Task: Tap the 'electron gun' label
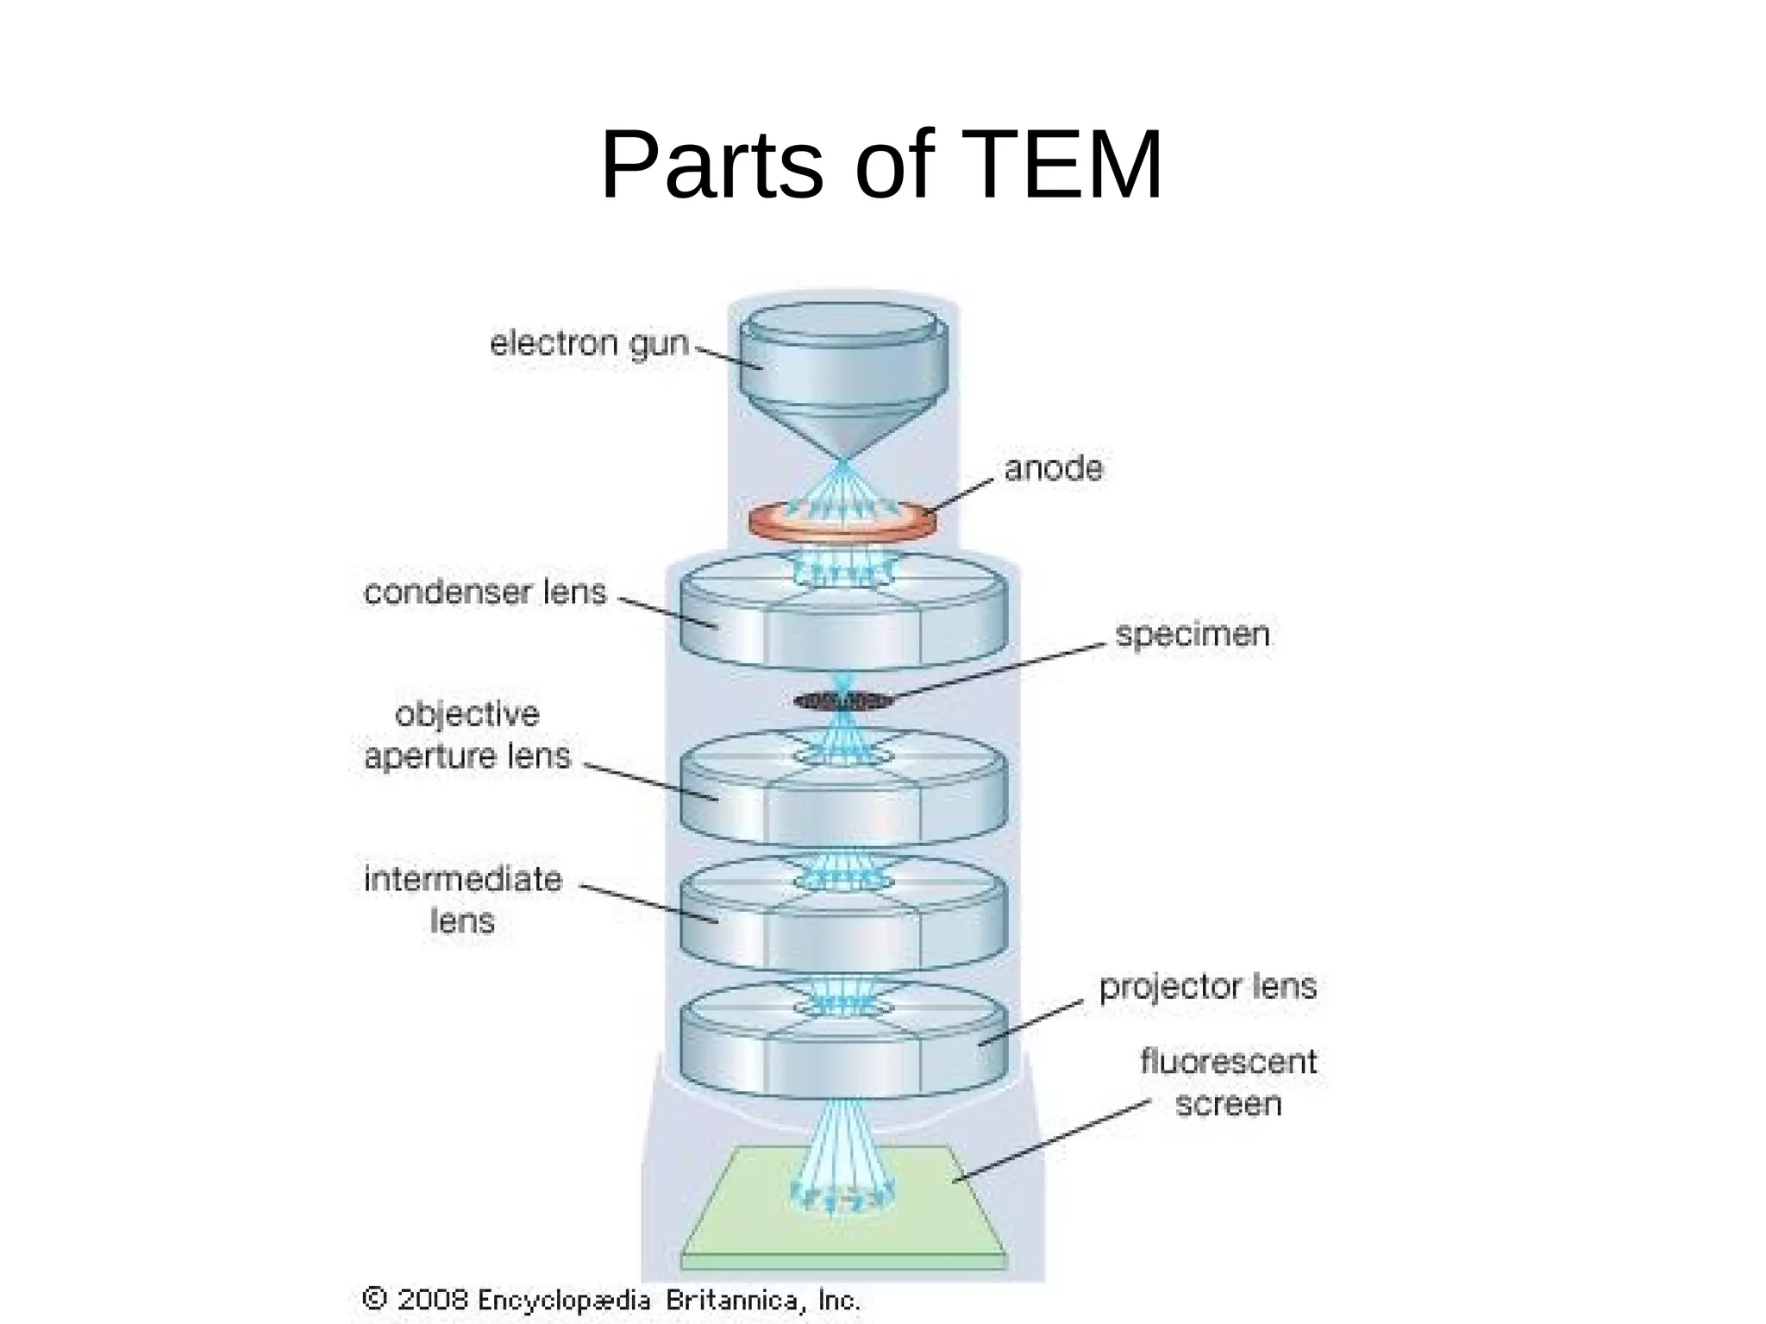pyautogui.click(x=589, y=343)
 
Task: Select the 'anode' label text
pyautogui.click(x=1053, y=468)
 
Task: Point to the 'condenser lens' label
pyautogui.click(x=485, y=592)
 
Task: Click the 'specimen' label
pyautogui.click(x=1193, y=634)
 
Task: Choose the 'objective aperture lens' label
pyautogui.click(x=467, y=735)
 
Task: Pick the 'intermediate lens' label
pyautogui.click(x=463, y=900)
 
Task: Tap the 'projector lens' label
pyautogui.click(x=1207, y=986)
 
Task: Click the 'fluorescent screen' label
pyautogui.click(x=1228, y=1082)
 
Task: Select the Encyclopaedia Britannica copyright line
pyautogui.click(x=612, y=1300)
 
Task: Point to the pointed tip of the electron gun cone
pyautogui.click(x=844, y=458)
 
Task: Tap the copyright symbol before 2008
pyautogui.click(x=374, y=1298)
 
